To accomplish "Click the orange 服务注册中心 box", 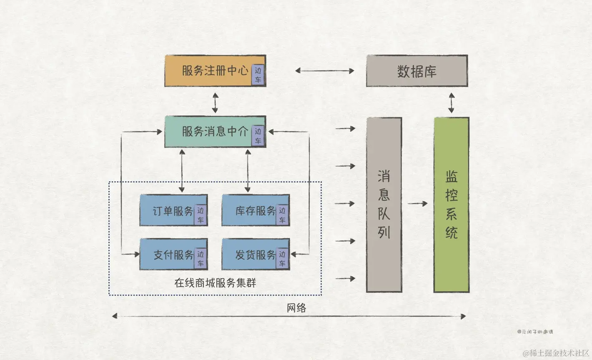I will pos(208,71).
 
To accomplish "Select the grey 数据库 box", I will pos(416,71).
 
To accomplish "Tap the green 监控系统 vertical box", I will pos(452,204).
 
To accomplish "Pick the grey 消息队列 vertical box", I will pos(384,204).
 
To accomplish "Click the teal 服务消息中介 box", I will pos(208,132).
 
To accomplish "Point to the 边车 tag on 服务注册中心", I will pos(258,75).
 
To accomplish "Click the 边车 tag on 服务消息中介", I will pos(258,136).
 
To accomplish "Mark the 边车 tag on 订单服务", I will pos(201,215).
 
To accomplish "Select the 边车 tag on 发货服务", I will pos(282,259).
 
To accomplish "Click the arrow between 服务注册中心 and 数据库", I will pos(324,71).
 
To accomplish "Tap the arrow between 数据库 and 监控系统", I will pos(452,102).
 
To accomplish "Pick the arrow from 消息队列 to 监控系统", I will pos(417,204).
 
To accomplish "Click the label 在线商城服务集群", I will pos(215,283).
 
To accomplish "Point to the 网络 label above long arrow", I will pos(296,308).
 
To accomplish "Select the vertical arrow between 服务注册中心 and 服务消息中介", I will pos(215,102).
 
